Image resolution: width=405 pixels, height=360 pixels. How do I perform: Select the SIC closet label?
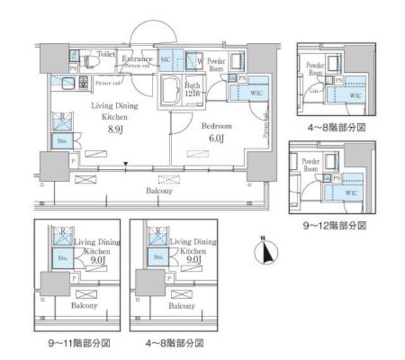[x=166, y=59]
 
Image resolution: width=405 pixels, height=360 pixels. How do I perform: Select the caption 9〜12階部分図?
[x=333, y=225]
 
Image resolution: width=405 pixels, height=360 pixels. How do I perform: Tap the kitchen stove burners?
[x=81, y=82]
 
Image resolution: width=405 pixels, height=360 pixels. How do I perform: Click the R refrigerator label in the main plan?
[x=61, y=116]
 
